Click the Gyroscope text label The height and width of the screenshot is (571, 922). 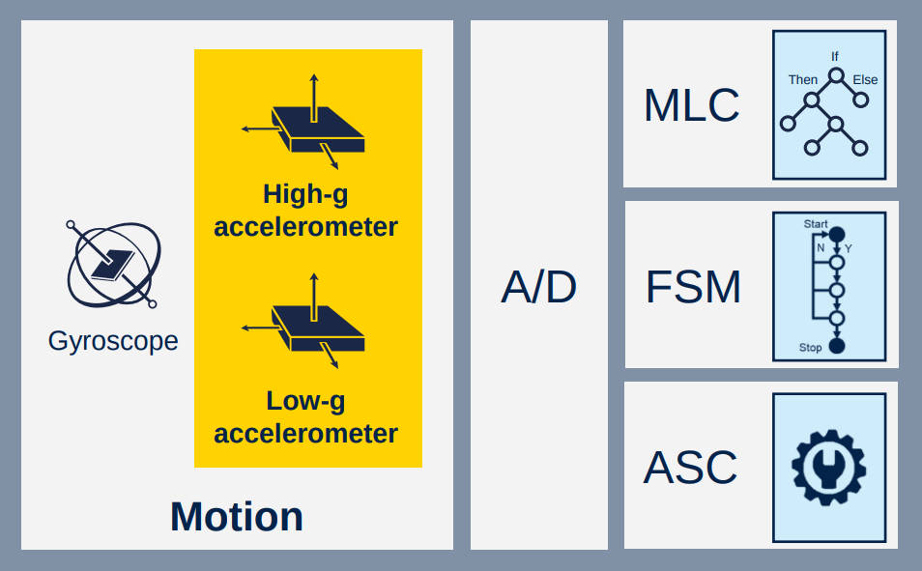click(113, 341)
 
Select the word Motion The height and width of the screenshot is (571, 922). click(237, 516)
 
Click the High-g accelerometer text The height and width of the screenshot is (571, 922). click(305, 210)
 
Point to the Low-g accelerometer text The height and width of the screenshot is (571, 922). click(305, 417)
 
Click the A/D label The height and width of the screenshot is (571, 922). click(538, 287)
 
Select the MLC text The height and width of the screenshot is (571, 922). click(692, 105)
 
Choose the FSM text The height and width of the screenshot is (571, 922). click(693, 287)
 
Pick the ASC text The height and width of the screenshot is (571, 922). click(690, 468)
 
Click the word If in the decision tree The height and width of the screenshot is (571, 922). click(835, 56)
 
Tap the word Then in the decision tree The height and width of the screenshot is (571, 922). click(803, 79)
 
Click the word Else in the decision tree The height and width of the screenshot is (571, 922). click(866, 79)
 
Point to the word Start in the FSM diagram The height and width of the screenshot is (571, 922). click(816, 224)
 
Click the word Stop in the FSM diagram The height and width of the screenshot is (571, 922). click(810, 348)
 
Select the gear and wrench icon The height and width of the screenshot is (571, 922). click(829, 468)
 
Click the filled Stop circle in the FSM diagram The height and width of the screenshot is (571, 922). click(837, 346)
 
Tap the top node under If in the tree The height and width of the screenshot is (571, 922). click(836, 76)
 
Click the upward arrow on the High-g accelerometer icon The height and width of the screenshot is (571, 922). click(314, 98)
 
